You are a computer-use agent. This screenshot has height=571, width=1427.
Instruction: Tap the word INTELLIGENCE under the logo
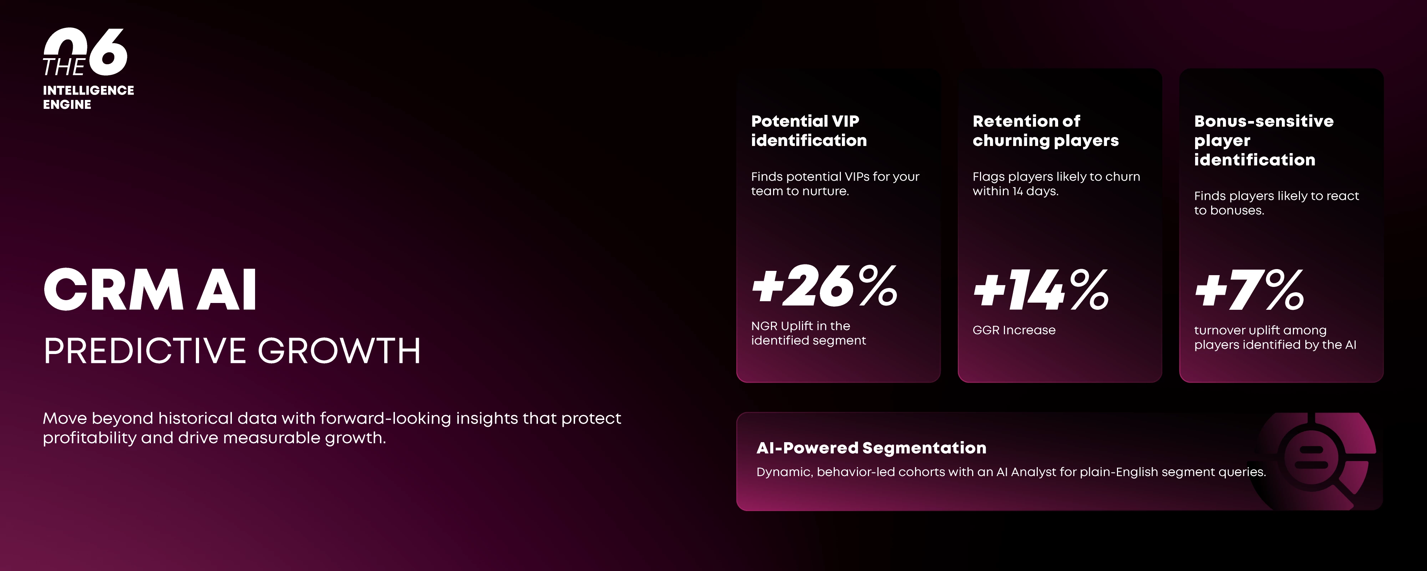[88, 90]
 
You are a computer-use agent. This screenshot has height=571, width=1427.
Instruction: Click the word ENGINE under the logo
[67, 105]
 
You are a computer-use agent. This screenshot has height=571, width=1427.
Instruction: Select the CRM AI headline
[150, 289]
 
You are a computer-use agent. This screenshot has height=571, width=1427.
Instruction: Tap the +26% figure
[824, 286]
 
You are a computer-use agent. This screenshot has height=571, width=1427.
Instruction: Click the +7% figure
[1249, 290]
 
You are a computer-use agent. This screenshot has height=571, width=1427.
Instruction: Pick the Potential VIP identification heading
[809, 131]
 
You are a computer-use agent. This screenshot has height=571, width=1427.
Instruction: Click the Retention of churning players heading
[1045, 131]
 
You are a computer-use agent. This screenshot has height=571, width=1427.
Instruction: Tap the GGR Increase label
[1014, 330]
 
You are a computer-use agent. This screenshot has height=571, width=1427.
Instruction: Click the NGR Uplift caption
[808, 333]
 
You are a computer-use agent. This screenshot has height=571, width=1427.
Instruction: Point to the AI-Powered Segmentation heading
[872, 448]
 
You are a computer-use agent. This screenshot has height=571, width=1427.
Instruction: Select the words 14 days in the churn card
[1035, 191]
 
